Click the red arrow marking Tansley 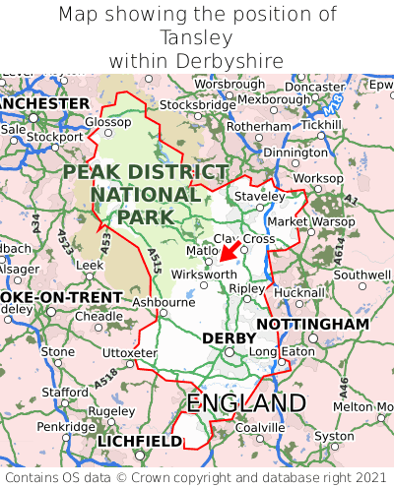click(228, 253)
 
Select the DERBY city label click(229, 338)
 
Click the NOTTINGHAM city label click(312, 324)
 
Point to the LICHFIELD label click(139, 442)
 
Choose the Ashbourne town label click(164, 302)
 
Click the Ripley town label click(246, 289)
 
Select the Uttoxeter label click(129, 352)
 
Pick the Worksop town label click(318, 177)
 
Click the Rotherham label click(258, 127)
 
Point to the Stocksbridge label click(197, 104)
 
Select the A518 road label click(108, 374)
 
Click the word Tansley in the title click(197, 37)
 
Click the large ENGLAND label click(246, 403)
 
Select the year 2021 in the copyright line click(365, 475)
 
